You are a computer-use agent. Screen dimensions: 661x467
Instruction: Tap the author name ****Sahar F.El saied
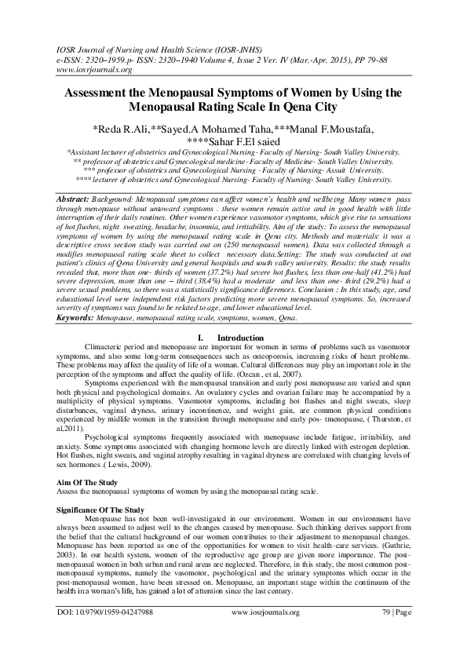click(233, 141)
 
